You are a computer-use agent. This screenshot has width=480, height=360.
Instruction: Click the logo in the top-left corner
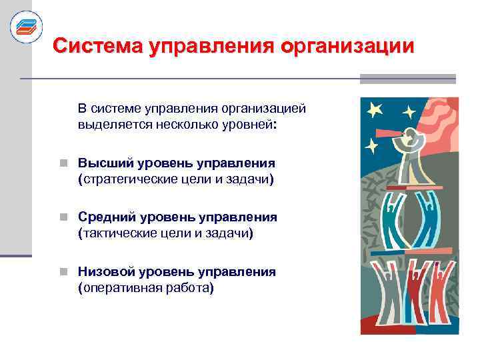pyautogui.click(x=26, y=27)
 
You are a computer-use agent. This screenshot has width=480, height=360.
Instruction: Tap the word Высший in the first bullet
pyautogui.click(x=99, y=163)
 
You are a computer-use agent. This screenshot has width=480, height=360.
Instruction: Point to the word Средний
pyautogui.click(x=103, y=217)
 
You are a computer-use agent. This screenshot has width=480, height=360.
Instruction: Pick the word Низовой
pyautogui.click(x=103, y=271)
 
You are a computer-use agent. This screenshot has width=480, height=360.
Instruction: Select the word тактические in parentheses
pyautogui.click(x=119, y=234)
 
